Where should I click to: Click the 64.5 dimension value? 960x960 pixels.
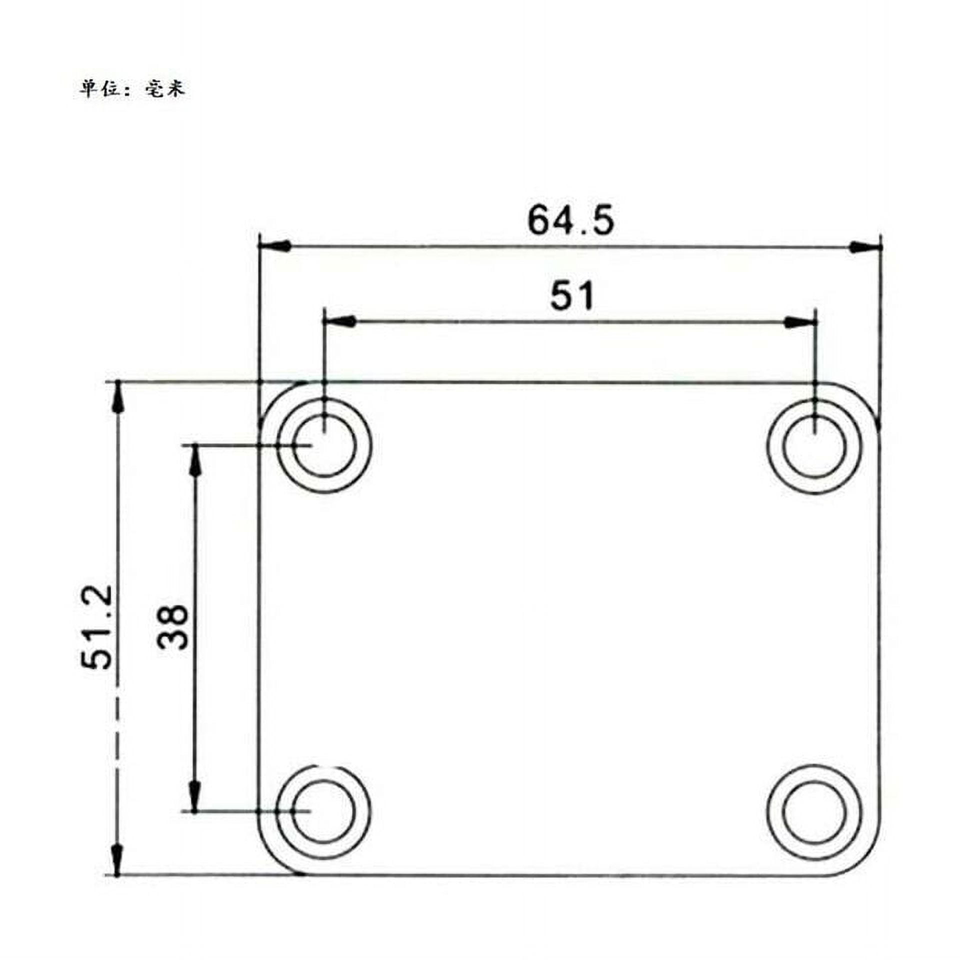570,220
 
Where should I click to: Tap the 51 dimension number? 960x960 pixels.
572,295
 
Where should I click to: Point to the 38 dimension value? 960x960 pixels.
172,627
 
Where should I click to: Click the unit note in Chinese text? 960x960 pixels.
132,89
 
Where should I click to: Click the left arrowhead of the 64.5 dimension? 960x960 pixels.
274,246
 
